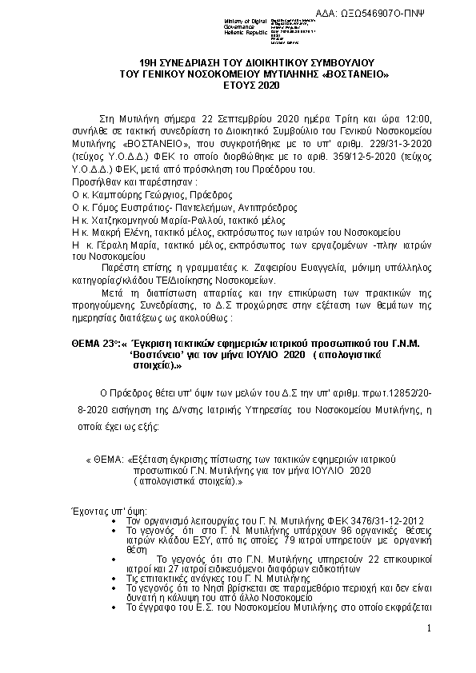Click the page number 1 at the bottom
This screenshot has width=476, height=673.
pyautogui.click(x=429, y=629)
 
